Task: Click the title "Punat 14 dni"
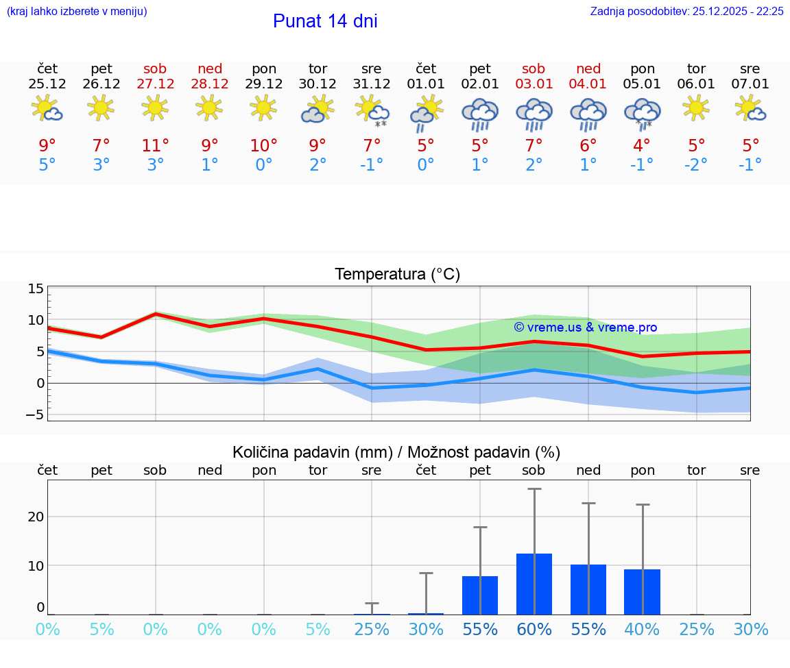pos(325,21)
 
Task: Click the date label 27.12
pos(155,84)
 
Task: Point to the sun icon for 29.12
pos(264,108)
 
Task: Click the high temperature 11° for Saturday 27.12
pos(155,145)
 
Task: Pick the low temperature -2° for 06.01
pos(695,165)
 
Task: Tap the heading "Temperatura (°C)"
pos(397,275)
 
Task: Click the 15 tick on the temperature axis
pos(36,289)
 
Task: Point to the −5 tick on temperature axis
pos(36,415)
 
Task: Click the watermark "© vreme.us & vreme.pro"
pos(585,327)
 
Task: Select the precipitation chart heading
pos(396,452)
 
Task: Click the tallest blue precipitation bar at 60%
pos(534,584)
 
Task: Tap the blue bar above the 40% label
pos(642,591)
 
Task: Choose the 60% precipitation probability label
pos(534,629)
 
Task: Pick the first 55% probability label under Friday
pos(480,629)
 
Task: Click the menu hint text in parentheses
pos(77,11)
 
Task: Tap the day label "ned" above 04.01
pos(588,69)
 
